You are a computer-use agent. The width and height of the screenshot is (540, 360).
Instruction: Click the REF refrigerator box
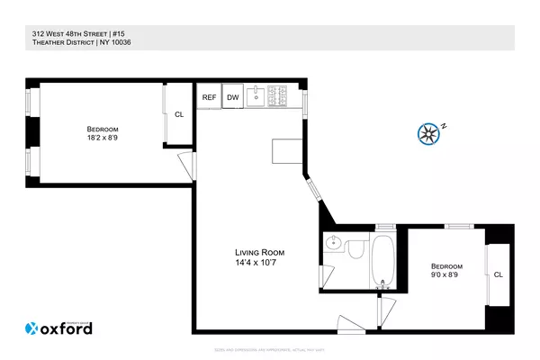pyautogui.click(x=209, y=97)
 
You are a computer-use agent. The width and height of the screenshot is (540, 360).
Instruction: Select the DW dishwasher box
pyautogui.click(x=233, y=97)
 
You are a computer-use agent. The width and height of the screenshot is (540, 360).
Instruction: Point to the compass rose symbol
pyautogui.click(x=429, y=134)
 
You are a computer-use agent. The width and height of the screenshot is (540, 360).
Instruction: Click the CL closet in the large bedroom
pyautogui.click(x=178, y=114)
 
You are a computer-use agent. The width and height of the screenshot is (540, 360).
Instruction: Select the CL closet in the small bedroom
pyautogui.click(x=498, y=274)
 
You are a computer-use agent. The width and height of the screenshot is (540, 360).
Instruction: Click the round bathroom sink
pyautogui.click(x=334, y=242)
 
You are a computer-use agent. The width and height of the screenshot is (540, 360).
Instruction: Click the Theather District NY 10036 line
pyautogui.click(x=68, y=42)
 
